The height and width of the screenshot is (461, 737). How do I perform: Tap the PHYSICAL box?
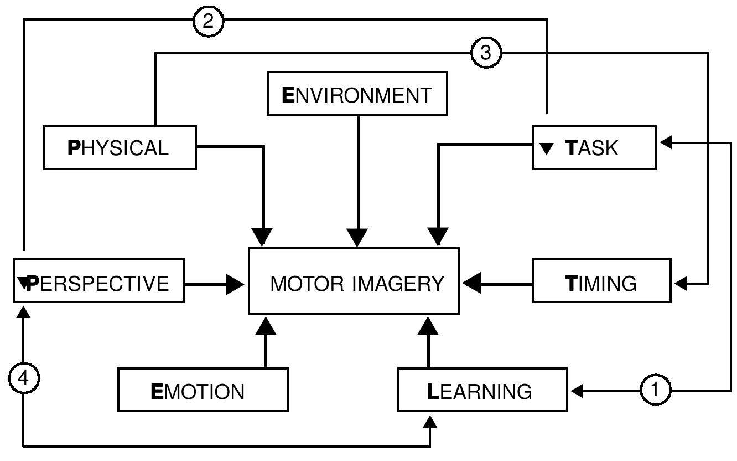120,147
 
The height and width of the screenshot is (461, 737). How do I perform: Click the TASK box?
594,147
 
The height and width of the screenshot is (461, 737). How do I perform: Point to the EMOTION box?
203,390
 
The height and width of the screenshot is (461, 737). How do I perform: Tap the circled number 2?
209,21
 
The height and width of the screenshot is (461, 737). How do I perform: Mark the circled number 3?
485,53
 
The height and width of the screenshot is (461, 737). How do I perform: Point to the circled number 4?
24,378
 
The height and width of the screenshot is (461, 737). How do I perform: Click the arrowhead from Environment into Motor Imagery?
357,237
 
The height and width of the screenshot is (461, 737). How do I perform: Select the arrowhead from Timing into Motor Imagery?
471,284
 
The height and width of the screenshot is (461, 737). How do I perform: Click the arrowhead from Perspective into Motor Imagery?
235,284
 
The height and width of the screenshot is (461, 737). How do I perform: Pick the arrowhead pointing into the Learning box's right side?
577,391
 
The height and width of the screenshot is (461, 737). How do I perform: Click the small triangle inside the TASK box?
546,148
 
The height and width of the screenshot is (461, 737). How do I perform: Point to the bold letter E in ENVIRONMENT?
288,95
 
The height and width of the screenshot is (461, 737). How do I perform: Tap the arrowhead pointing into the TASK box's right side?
666,142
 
